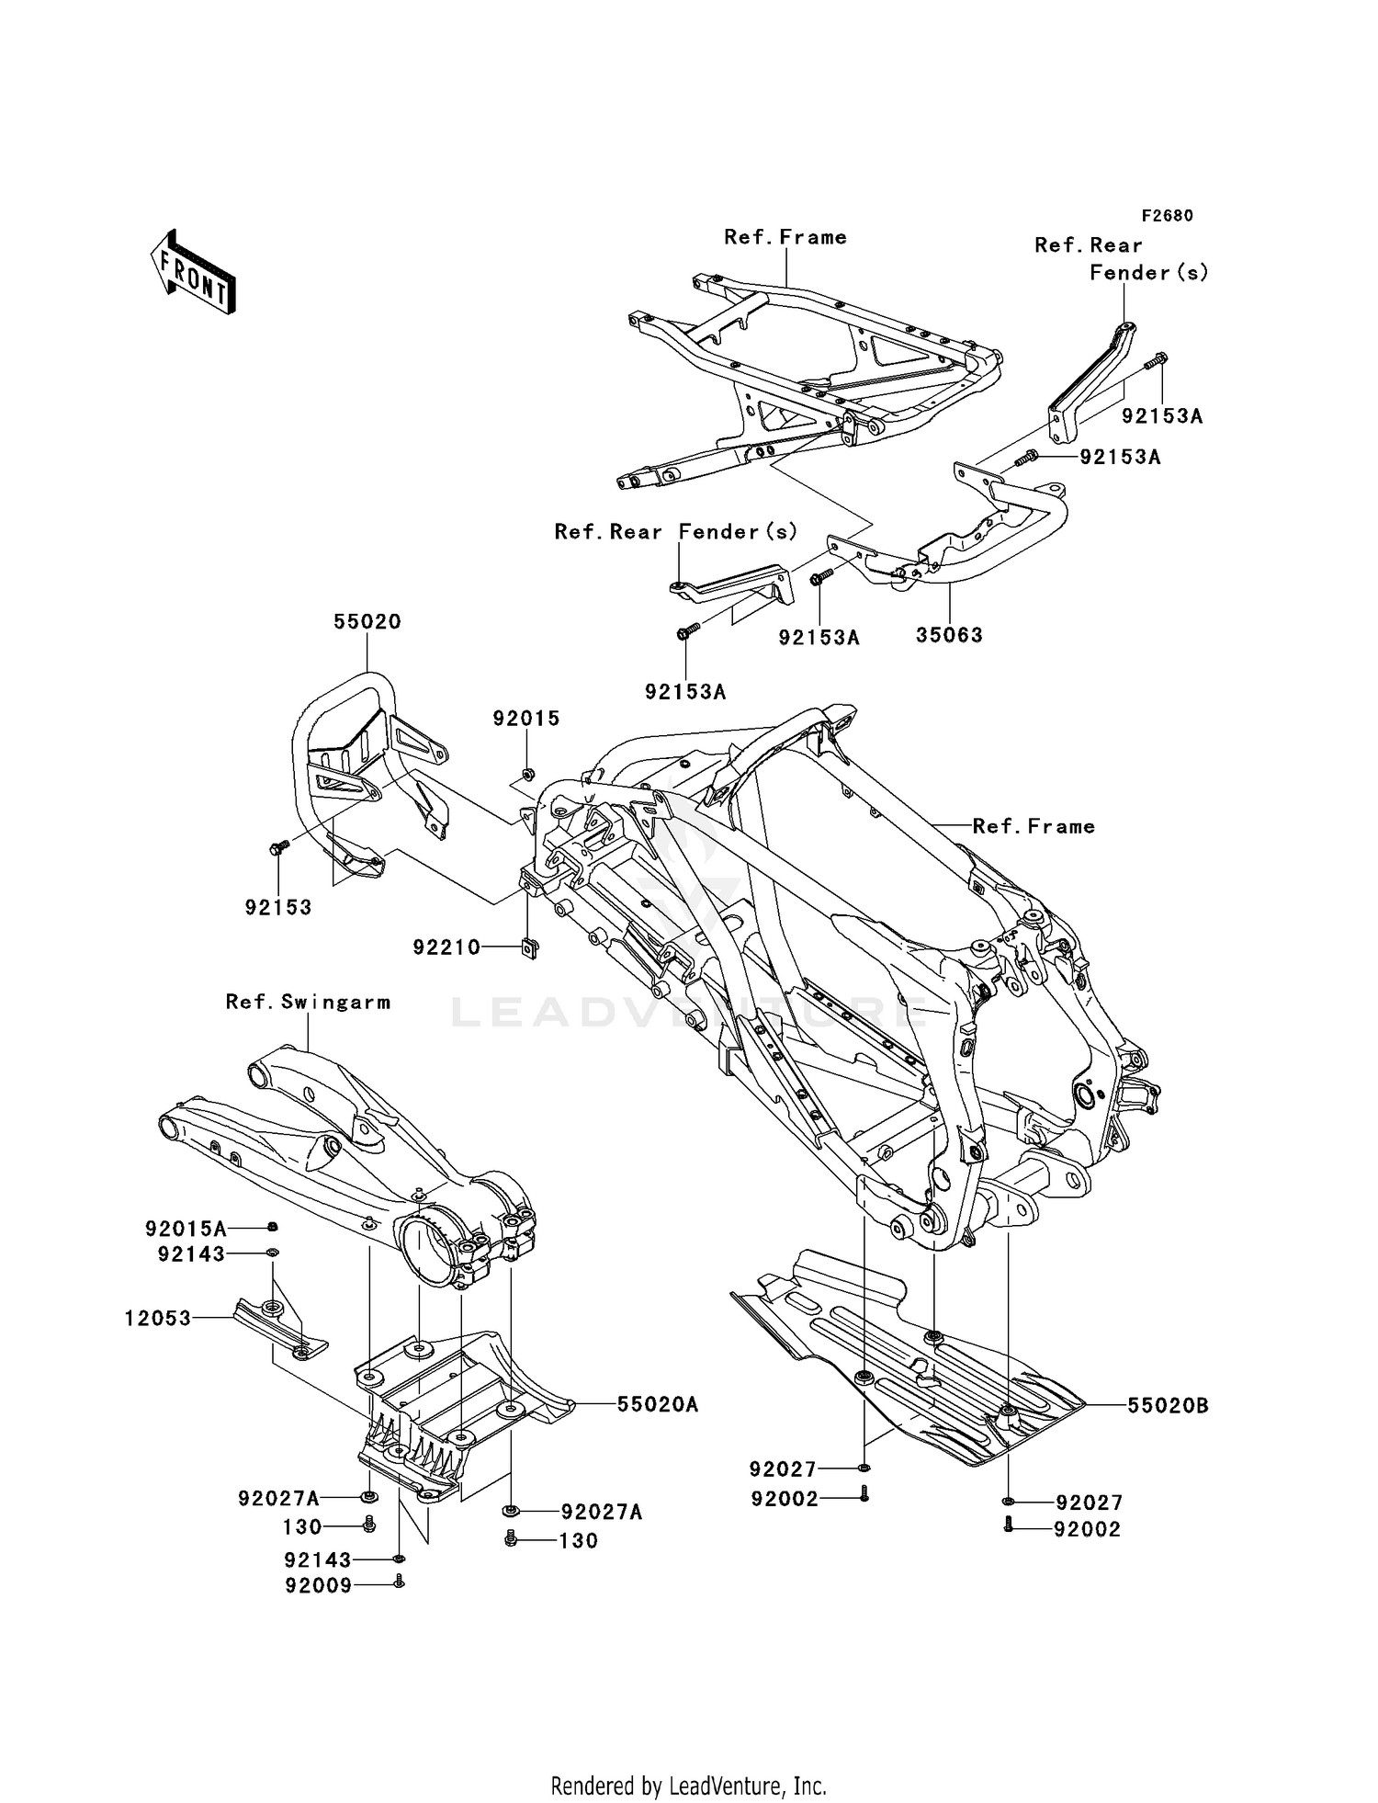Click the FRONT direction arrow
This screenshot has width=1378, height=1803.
[193, 273]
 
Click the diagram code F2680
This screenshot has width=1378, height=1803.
[1167, 216]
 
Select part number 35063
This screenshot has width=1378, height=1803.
[949, 635]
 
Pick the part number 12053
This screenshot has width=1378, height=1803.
[158, 1319]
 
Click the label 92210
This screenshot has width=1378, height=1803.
[446, 947]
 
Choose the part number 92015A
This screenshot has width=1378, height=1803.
[186, 1228]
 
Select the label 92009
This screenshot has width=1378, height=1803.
[318, 1585]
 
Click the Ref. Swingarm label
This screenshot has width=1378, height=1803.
[308, 1002]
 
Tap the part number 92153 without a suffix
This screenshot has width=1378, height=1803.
[277, 907]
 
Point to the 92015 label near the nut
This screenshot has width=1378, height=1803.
[525, 718]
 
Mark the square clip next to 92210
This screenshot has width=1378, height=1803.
[528, 947]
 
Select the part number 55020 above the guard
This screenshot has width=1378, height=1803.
[367, 621]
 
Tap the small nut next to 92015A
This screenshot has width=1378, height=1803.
[273, 1228]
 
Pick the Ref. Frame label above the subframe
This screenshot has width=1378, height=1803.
[785, 237]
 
